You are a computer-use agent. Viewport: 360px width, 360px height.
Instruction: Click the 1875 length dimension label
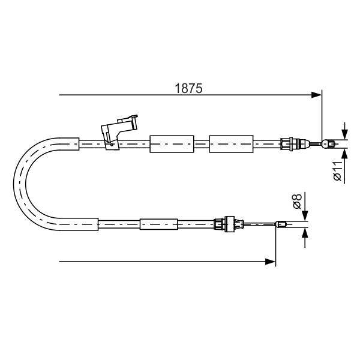[188, 88]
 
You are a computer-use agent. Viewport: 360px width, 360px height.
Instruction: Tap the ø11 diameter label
[338, 171]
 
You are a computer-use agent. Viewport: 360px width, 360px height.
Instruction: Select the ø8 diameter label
[297, 201]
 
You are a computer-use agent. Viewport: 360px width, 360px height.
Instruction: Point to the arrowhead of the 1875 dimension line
[316, 95]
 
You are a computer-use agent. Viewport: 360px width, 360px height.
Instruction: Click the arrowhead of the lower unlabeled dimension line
[270, 262]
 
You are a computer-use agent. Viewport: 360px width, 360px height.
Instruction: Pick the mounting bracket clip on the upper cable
[119, 133]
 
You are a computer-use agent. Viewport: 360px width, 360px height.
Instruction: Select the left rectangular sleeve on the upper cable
[172, 144]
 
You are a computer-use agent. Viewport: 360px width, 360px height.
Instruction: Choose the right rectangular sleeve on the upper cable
[231, 144]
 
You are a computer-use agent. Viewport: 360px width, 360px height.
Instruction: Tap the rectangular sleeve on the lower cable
[158, 224]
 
